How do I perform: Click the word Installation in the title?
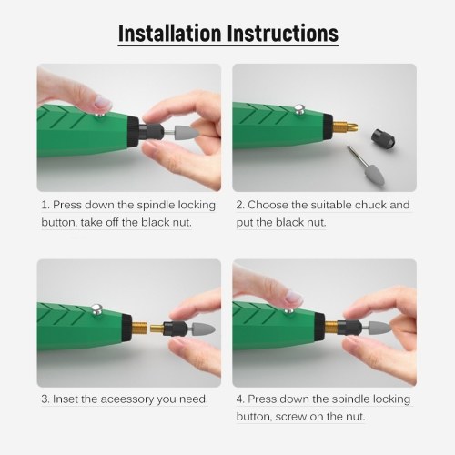pyautogui.click(x=169, y=33)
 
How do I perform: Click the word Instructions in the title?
pyautogui.click(x=283, y=33)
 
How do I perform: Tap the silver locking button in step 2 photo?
pyautogui.click(x=299, y=110)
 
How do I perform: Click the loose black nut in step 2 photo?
pyautogui.click(x=383, y=136)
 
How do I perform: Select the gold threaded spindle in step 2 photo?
pyautogui.click(x=345, y=126)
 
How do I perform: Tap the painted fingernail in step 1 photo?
pyautogui.click(x=102, y=102)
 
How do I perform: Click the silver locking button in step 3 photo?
pyautogui.click(x=96, y=310)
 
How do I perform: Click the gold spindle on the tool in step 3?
pyautogui.click(x=139, y=328)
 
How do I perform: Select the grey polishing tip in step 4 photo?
pyautogui.click(x=380, y=329)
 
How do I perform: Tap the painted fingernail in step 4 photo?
pyautogui.click(x=294, y=297)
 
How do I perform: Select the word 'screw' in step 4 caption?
pyautogui.click(x=291, y=417)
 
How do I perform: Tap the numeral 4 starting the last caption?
pyautogui.click(x=240, y=399)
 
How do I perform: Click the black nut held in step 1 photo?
pyautogui.click(x=151, y=133)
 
